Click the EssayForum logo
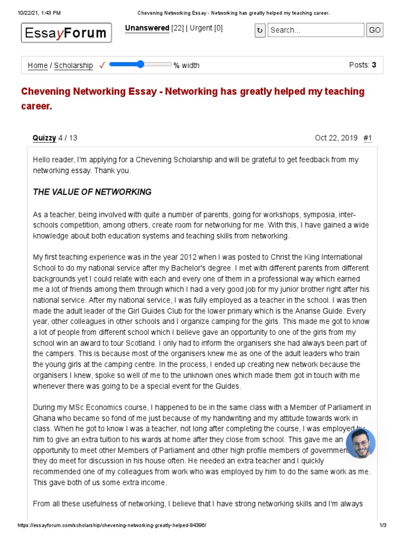tap(66, 34)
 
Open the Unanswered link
tap(147, 28)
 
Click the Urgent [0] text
tap(206, 28)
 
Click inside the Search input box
tap(316, 31)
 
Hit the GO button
tap(375, 31)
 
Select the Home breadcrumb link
tap(37, 66)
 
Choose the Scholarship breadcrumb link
tap(74, 66)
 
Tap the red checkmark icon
tap(102, 65)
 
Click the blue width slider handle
tap(140, 64)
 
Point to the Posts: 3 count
tap(362, 65)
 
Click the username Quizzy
tap(44, 138)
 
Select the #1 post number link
tap(367, 138)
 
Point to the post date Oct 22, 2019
tap(336, 138)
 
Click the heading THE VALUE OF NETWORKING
tap(92, 192)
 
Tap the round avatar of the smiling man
tap(360, 443)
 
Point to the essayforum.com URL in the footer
tap(112, 526)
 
